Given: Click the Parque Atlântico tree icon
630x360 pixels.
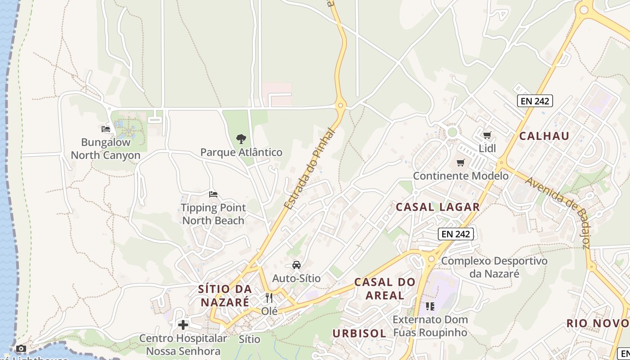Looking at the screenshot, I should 241,139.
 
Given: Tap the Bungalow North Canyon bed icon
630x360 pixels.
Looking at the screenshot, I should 106,129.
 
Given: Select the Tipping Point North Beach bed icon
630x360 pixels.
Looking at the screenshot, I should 213,194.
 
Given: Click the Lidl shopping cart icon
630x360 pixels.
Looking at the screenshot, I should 487,135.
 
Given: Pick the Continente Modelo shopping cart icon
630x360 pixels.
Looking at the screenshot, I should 460,162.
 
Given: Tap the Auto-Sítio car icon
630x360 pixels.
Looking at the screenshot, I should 297,265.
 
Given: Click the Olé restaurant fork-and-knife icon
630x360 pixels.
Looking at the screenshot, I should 269,297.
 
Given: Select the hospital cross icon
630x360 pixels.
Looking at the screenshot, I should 183,324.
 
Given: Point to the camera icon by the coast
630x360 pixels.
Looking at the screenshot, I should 21,348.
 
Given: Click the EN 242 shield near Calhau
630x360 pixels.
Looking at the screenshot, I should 535,101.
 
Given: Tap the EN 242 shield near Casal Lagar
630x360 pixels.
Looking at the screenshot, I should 456,234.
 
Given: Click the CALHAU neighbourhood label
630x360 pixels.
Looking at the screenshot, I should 544,136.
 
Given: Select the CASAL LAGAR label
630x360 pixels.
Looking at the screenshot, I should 438,207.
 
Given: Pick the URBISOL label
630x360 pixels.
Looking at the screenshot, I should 359,333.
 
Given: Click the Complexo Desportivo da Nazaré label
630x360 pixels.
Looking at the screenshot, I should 494,267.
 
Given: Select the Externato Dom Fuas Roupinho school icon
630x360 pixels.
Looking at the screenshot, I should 430,306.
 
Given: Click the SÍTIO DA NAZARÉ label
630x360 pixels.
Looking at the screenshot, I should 225,295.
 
